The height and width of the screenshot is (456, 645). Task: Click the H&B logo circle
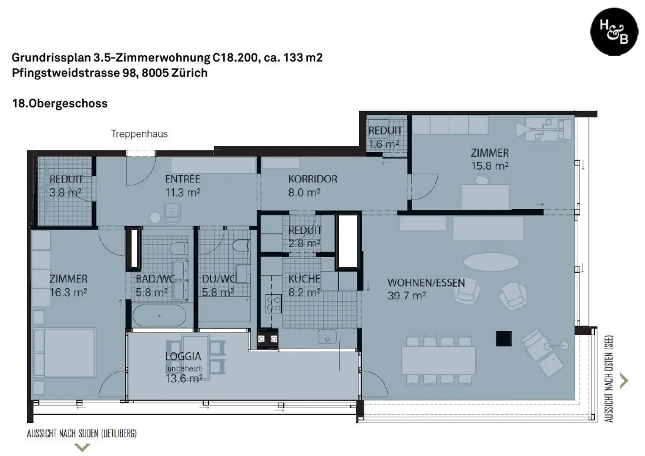(614, 32)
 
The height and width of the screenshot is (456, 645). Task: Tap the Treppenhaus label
(139, 134)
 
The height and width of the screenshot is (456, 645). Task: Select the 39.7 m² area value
(406, 296)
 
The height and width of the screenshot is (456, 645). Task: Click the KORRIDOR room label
(312, 179)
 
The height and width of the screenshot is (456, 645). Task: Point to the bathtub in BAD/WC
(159, 316)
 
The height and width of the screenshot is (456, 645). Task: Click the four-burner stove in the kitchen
(273, 304)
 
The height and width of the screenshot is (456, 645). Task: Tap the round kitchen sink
(327, 337)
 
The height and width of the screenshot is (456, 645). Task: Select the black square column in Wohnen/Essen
(504, 338)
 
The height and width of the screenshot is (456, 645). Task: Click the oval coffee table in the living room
(491, 262)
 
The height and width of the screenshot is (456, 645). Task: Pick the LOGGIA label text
(183, 356)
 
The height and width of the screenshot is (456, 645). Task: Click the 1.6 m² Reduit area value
(384, 144)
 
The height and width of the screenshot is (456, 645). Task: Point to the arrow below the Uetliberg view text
(82, 447)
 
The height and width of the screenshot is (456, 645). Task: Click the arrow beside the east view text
(624, 381)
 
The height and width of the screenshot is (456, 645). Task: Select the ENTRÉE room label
(182, 179)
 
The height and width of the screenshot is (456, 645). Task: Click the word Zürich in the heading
(189, 73)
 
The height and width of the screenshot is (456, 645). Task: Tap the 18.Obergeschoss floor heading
(60, 103)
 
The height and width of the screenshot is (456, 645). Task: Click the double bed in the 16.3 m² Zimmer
(64, 353)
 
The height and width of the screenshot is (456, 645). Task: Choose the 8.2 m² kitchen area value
(304, 292)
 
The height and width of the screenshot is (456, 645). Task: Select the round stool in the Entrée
(155, 218)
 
